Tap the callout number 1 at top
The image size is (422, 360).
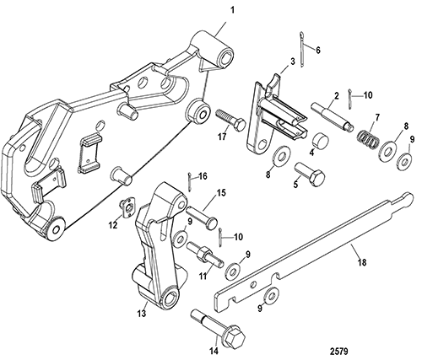pos(232,10)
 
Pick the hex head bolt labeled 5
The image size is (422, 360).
pos(311,175)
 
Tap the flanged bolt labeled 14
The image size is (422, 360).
pos(219,329)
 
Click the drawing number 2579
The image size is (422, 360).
pos(339,352)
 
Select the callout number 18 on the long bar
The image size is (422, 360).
pos(362,262)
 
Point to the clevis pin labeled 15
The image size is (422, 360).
pos(202,217)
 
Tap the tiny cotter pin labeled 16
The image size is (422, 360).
pos(190,182)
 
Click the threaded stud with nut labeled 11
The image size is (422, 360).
pos(205,254)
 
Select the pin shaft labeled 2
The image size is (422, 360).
pos(333,116)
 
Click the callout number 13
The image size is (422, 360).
pos(142,313)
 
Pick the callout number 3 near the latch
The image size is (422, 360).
pos(293,62)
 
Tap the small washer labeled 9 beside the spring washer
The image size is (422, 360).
pos(405,163)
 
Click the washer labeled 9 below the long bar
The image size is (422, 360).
pos(272,296)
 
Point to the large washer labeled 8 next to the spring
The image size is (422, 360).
pos(388,151)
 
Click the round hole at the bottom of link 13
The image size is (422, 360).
pos(172,298)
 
